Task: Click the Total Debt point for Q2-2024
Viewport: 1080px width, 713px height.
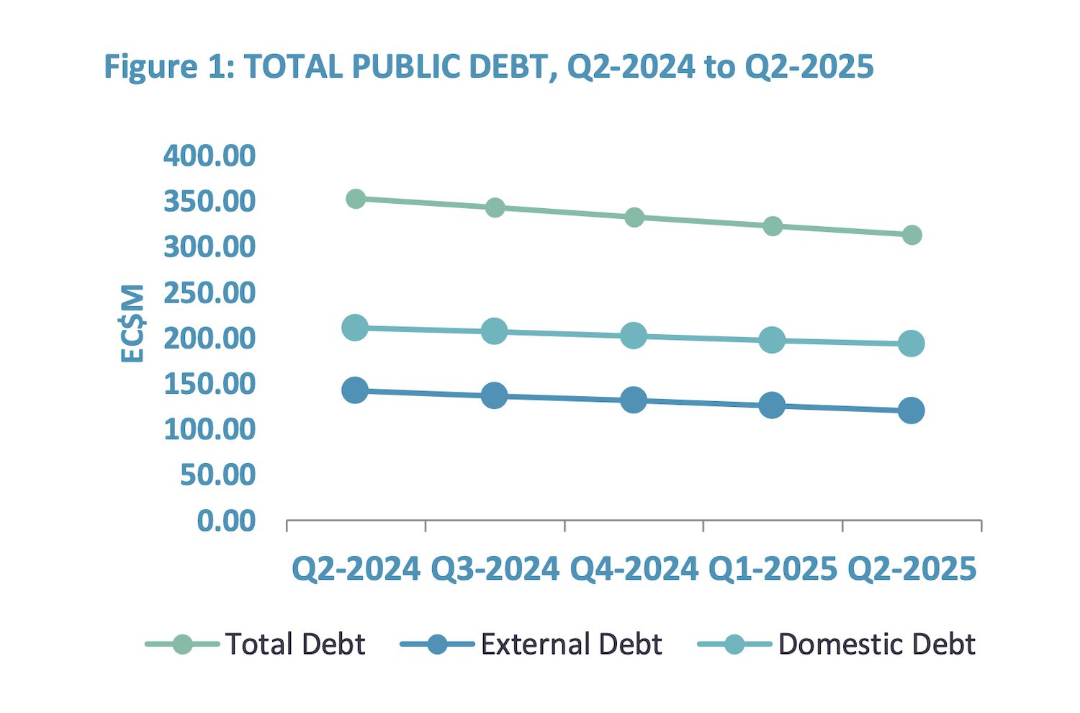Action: coord(356,199)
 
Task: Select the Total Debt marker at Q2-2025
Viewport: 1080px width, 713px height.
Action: coord(912,235)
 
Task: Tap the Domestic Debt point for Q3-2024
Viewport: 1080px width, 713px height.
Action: coord(495,331)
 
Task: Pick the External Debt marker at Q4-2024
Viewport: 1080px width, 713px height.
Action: coord(634,400)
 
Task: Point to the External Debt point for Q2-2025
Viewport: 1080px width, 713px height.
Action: coord(912,411)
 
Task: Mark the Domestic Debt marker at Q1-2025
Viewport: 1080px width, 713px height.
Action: coord(772,339)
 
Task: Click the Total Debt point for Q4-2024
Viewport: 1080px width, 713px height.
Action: coord(634,218)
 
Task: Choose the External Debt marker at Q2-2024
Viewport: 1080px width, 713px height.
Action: coord(356,390)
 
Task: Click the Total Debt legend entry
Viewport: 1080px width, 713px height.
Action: coord(256,644)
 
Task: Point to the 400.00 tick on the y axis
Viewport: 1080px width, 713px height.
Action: coord(210,156)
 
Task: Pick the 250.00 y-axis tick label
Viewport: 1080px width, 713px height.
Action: coord(210,292)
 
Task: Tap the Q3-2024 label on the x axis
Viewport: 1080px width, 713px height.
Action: coord(495,569)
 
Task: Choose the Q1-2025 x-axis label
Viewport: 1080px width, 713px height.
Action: coord(773,569)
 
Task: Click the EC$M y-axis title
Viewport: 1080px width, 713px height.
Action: coord(132,323)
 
